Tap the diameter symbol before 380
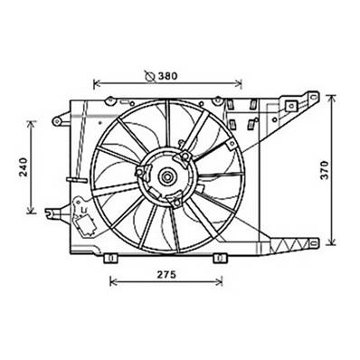coord(148,75)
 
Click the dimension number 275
coord(164,276)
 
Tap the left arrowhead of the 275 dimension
coord(112,281)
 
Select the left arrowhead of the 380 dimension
coord(97,82)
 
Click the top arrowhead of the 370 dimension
coord(331,94)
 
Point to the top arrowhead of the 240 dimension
coord(33,120)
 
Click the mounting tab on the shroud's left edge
coord(58,118)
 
